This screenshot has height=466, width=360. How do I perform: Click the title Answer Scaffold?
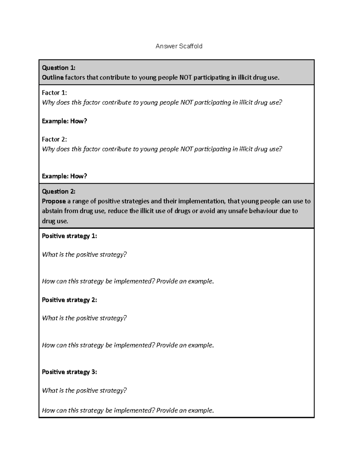[x=179, y=46]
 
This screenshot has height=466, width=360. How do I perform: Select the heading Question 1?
[x=58, y=68]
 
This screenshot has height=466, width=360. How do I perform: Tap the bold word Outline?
[x=53, y=77]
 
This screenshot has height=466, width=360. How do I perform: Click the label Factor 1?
[x=54, y=93]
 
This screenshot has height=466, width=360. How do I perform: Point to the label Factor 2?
[x=54, y=139]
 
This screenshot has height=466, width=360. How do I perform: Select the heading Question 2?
[x=58, y=191]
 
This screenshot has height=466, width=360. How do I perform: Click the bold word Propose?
[x=54, y=201]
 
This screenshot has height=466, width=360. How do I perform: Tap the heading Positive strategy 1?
[x=69, y=236]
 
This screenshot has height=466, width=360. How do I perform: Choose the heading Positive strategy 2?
[x=69, y=300]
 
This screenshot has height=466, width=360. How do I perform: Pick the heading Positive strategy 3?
[x=69, y=372]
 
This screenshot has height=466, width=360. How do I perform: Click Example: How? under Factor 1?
[x=64, y=121]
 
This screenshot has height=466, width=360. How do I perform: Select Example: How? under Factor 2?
[x=64, y=176]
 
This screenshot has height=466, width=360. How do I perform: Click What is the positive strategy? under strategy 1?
[x=84, y=254]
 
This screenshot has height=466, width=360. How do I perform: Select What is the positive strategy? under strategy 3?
[x=84, y=390]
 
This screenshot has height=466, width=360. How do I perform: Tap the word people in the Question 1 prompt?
[x=167, y=77]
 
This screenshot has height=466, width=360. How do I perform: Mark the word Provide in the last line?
[x=167, y=410]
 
